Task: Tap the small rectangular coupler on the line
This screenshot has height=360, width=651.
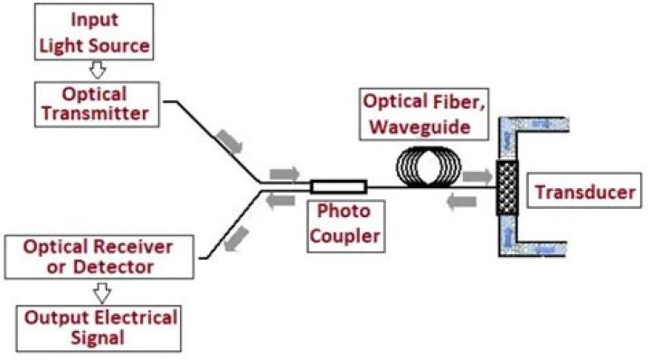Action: [x=338, y=187]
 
